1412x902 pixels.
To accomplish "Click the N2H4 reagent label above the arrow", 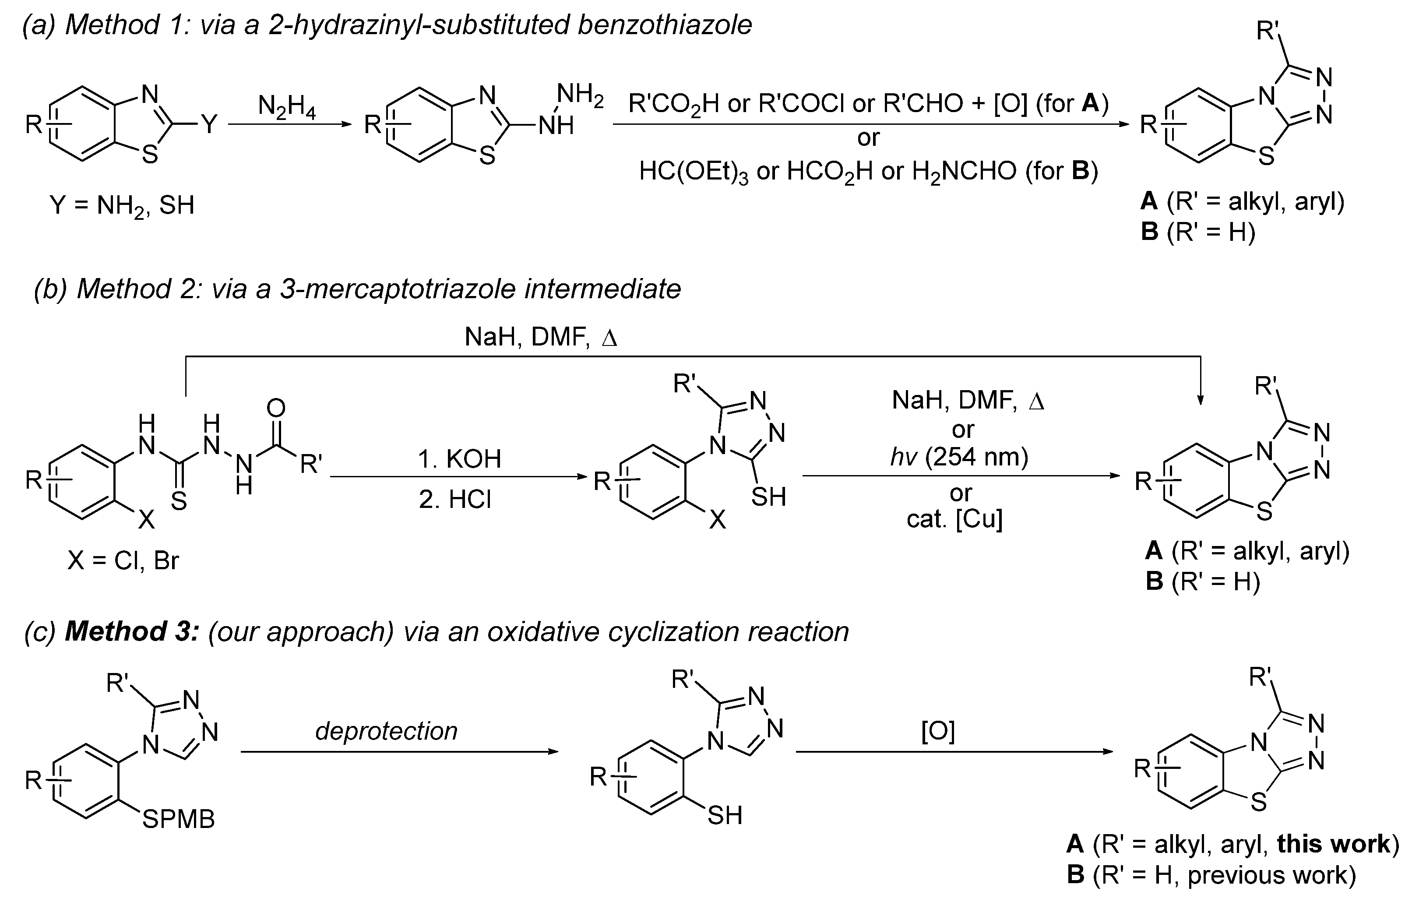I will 287,107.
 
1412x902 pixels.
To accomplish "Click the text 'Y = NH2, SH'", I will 122,206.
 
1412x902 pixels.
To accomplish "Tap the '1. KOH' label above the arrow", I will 459,458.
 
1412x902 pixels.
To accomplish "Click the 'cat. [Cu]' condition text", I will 954,518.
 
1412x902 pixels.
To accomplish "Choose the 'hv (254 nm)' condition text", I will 959,457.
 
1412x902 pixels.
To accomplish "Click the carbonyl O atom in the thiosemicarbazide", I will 275,408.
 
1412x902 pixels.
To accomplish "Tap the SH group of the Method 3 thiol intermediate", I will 724,815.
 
